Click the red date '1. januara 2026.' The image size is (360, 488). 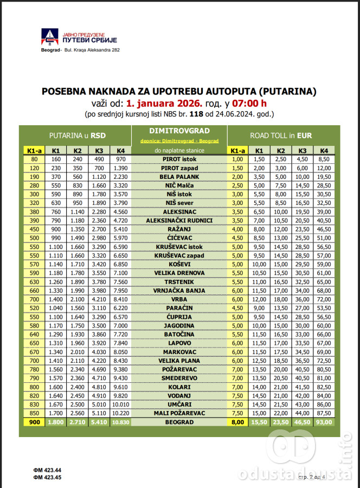[x=164, y=102]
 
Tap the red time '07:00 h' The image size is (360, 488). [x=249, y=102]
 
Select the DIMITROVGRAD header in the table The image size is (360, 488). [x=179, y=131]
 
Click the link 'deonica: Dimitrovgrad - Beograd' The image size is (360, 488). [x=179, y=140]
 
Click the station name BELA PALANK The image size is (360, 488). [x=179, y=177]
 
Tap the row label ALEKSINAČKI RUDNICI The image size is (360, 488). [x=179, y=221]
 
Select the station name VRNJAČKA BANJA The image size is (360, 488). [x=179, y=291]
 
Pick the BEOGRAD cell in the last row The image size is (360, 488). [x=179, y=422]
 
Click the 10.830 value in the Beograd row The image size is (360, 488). [x=120, y=422]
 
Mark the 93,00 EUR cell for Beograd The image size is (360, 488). [x=324, y=422]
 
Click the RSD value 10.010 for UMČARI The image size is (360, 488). [x=120, y=404]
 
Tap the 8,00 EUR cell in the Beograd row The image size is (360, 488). [x=237, y=422]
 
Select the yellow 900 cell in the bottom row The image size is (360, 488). [x=34, y=422]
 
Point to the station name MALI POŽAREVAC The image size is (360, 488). [x=179, y=413]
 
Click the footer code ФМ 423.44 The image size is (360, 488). [x=47, y=470]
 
